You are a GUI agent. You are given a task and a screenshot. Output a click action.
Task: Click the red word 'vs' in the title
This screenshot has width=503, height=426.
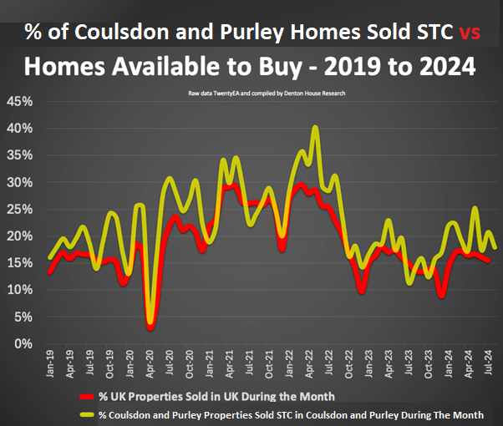[x=470, y=32]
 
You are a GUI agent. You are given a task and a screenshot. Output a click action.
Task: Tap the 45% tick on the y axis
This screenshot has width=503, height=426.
[x=18, y=102]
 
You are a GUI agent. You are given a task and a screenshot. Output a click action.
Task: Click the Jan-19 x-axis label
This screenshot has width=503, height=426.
[x=50, y=363]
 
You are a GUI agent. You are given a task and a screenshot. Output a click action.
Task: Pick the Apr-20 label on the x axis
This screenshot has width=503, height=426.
[x=150, y=363]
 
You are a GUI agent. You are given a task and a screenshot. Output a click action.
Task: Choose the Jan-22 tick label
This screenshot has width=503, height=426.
[x=291, y=363]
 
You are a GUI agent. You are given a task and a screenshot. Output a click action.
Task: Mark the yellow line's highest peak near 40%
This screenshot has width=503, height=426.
[x=315, y=128]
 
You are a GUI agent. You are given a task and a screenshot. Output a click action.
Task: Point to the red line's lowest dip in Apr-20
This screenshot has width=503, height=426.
[x=150, y=327]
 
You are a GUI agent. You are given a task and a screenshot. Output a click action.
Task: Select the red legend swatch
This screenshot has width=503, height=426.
[x=86, y=395]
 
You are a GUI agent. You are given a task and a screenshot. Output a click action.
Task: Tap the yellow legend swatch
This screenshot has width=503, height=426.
[x=86, y=413]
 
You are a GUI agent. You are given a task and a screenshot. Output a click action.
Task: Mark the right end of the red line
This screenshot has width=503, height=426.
[x=489, y=261]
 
